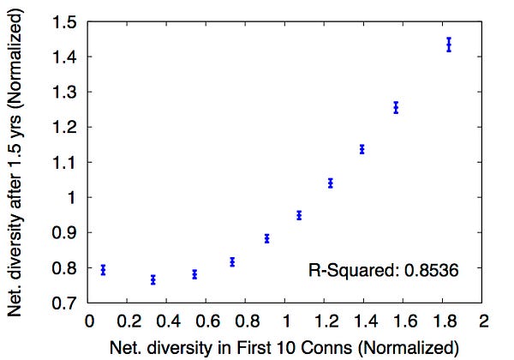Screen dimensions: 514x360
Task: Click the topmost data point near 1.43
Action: coord(449,45)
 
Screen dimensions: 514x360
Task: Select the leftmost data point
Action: coord(104,270)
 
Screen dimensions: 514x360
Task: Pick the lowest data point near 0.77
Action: coord(153,279)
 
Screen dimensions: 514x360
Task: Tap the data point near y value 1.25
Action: coord(396,107)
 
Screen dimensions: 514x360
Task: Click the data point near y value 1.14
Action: coord(362,149)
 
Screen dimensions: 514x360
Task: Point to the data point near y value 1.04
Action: coord(331,183)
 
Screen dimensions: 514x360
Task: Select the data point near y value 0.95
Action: coord(299,215)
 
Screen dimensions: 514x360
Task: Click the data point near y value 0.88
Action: coord(266,238)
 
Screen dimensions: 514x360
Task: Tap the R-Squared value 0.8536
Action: coord(431,271)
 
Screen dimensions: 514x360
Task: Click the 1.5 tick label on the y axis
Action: coord(64,22)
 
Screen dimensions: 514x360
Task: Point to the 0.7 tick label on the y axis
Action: coord(64,303)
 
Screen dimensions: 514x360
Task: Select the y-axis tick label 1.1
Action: coord(64,162)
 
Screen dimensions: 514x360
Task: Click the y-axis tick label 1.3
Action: coord(64,92)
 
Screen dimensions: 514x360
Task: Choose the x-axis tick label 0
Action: coord(89,321)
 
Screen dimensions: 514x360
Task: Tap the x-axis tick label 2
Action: coord(484,321)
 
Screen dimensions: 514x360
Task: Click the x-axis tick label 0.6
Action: coord(207,321)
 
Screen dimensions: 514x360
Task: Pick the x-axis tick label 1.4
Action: coord(366,321)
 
